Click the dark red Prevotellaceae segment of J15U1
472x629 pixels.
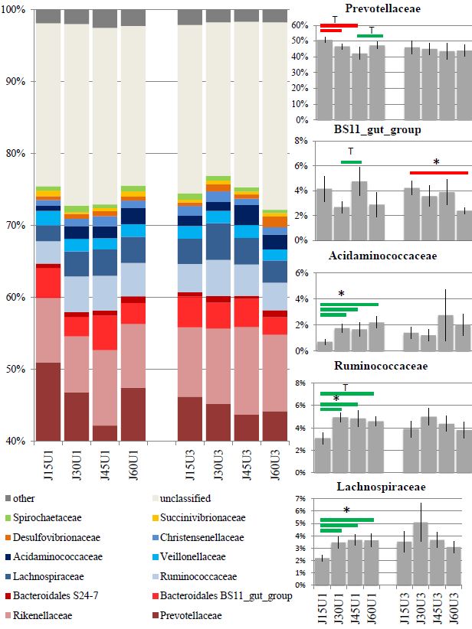(x=48, y=402)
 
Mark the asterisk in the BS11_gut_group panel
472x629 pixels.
(x=436, y=163)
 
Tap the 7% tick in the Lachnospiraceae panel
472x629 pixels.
(x=303, y=500)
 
